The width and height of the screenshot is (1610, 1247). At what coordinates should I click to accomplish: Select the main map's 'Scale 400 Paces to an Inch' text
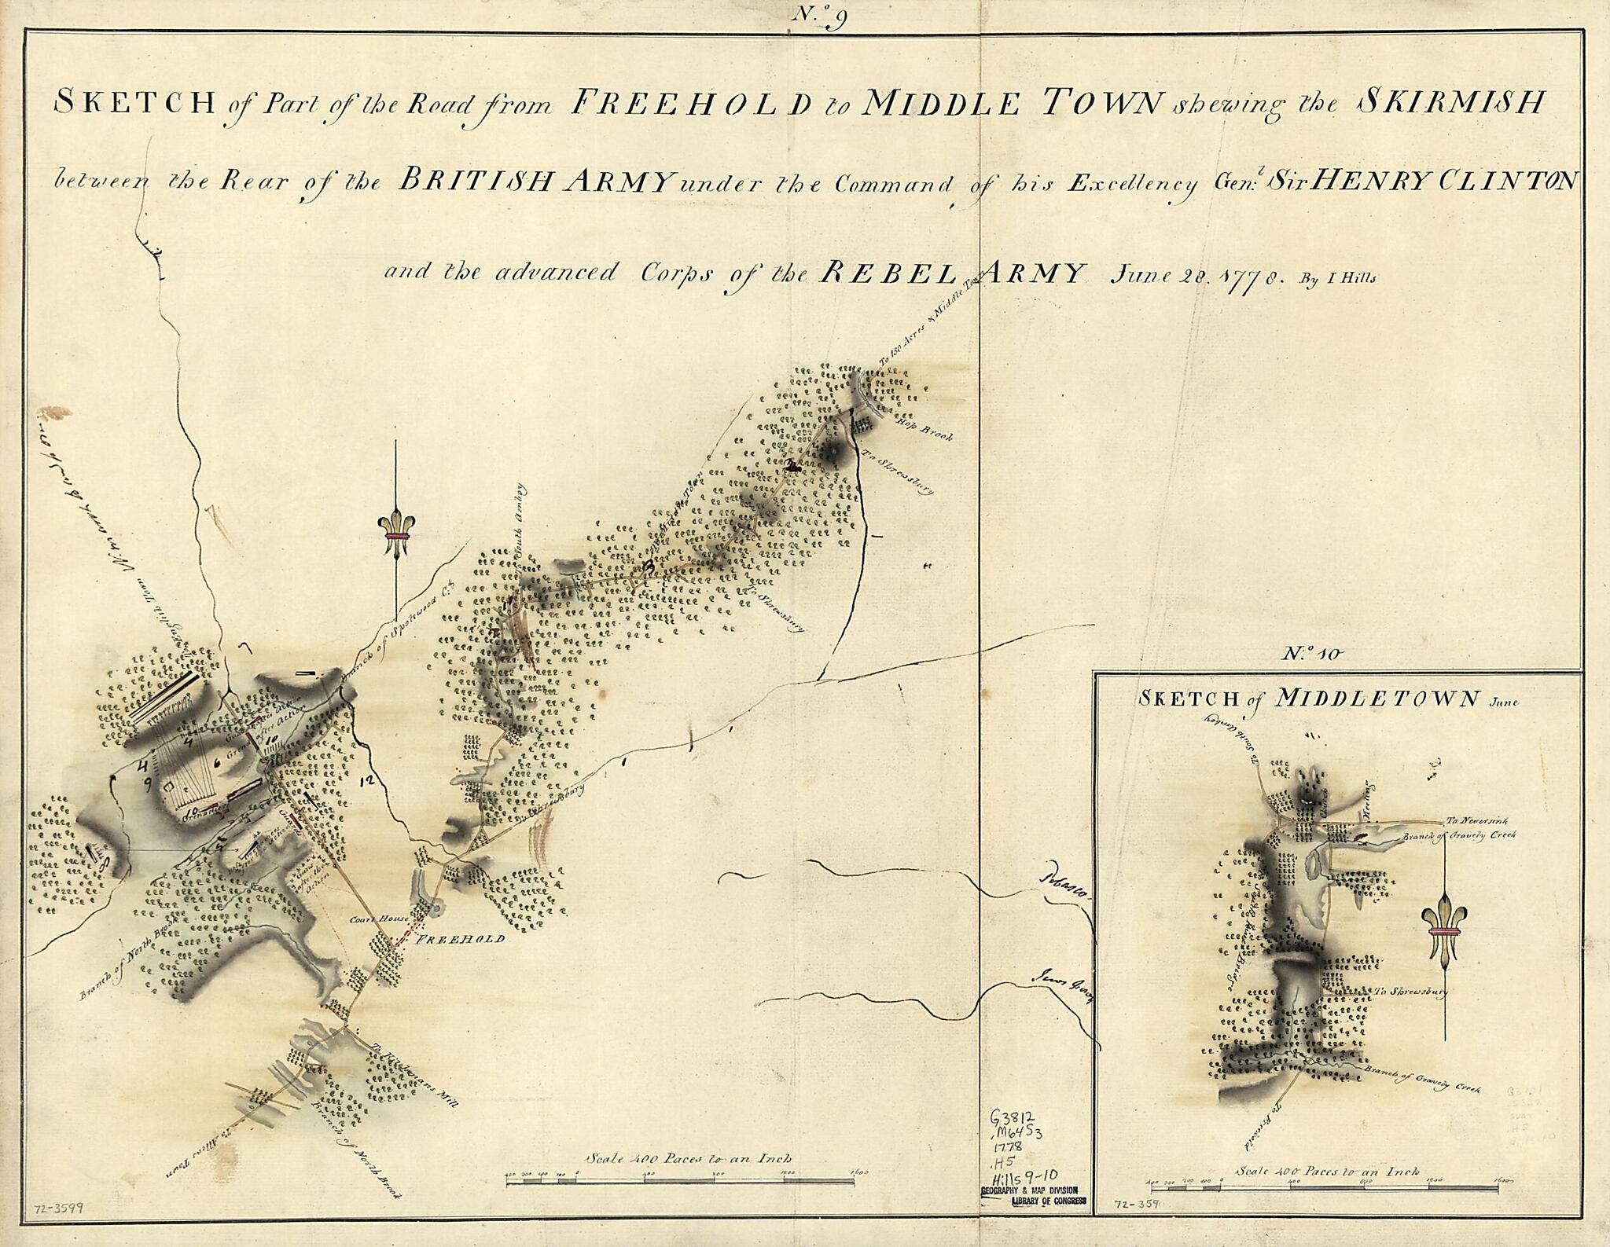[x=689, y=1158]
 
